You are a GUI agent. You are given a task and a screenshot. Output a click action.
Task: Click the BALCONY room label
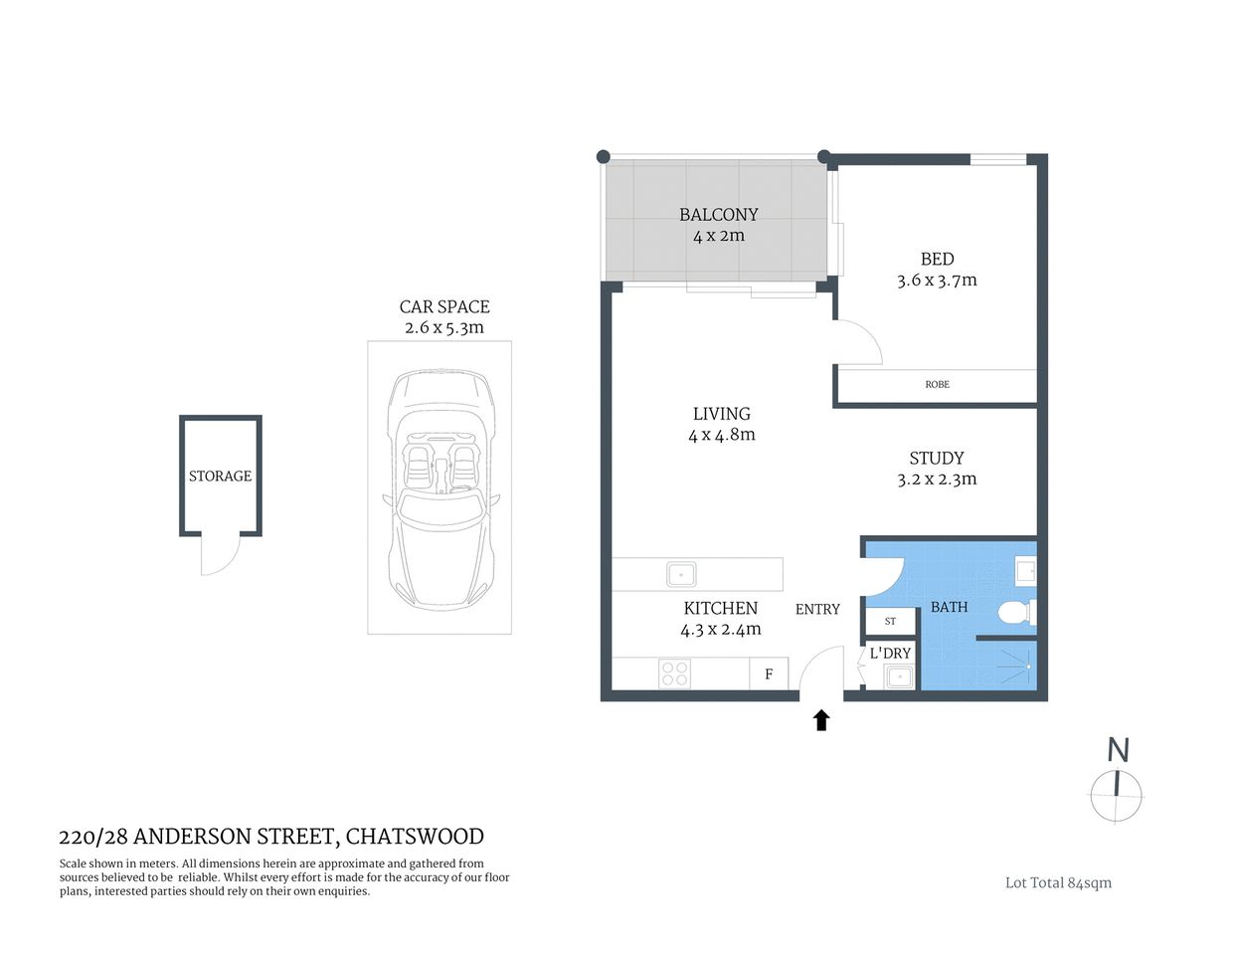718,215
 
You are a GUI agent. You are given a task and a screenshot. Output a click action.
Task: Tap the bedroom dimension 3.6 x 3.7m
937,281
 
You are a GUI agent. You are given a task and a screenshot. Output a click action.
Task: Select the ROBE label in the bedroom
937,384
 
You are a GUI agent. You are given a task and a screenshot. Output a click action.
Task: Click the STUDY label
936,459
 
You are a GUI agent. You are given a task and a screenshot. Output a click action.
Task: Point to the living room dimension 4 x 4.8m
721,435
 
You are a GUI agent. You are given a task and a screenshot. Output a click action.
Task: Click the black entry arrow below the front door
821,720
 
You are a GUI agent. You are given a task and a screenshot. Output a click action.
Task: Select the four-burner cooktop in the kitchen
674,673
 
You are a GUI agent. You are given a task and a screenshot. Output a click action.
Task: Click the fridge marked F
769,674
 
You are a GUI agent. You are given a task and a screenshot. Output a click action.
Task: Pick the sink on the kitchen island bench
680,574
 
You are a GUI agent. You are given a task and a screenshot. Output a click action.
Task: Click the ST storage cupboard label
890,621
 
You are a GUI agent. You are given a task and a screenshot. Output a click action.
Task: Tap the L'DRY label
890,654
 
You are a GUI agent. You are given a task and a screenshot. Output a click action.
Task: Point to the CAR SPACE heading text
444,307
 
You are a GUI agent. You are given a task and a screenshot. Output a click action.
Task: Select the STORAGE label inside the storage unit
220,477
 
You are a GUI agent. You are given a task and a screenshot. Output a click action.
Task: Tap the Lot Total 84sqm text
1058,882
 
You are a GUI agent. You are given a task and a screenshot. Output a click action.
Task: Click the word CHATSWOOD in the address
415,837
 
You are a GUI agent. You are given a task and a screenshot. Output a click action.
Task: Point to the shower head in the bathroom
1025,661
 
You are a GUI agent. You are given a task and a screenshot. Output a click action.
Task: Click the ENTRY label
817,609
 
